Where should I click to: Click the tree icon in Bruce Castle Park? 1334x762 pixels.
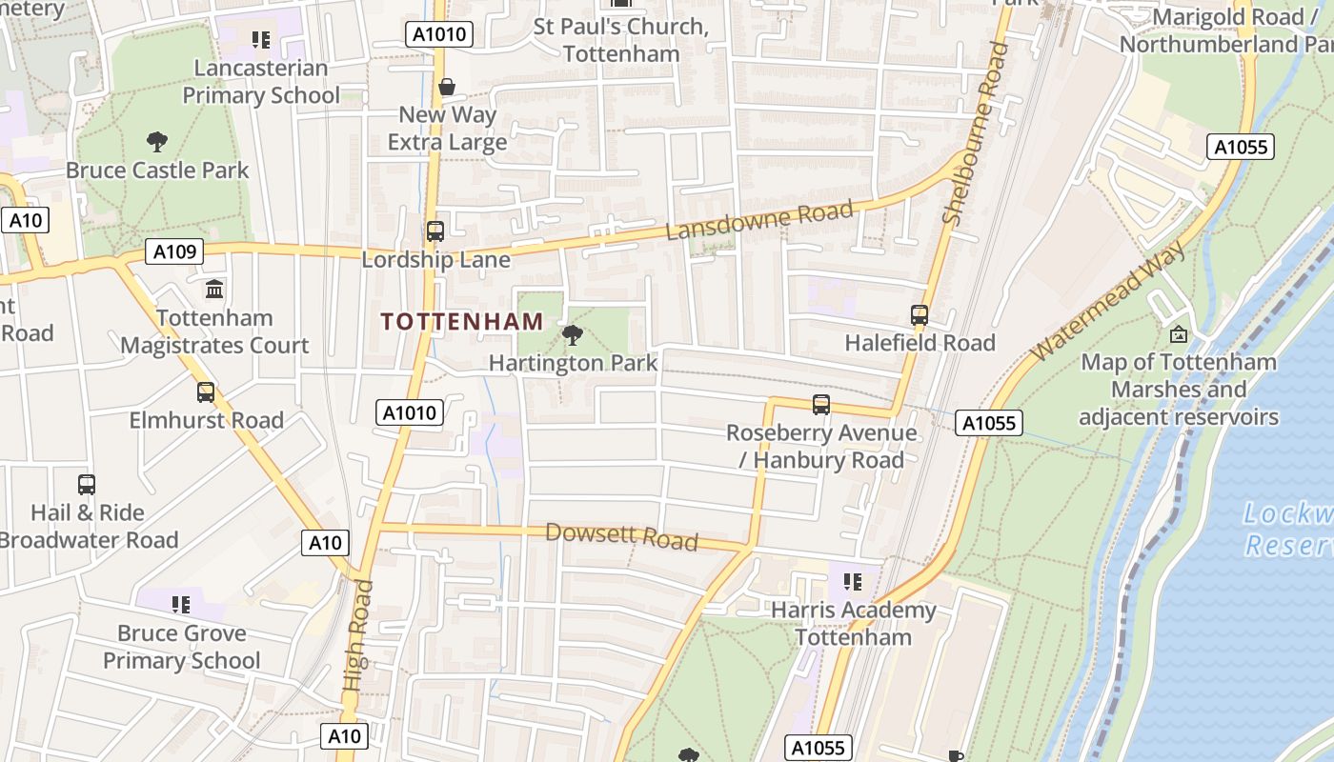click(157, 142)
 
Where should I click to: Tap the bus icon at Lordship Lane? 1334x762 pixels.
click(435, 231)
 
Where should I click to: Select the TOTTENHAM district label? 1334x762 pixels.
click(462, 322)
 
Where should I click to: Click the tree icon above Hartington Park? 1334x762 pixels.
click(573, 334)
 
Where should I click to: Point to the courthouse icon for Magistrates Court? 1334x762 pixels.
click(214, 289)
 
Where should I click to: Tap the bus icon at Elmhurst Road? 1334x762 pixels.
click(206, 391)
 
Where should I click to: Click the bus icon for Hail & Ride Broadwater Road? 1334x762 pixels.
click(87, 484)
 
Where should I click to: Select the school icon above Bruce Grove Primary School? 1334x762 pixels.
click(181, 604)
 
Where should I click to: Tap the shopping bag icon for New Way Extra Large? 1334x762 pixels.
click(447, 87)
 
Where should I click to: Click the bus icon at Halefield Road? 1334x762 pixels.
click(920, 314)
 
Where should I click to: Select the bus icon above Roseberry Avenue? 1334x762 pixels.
click(820, 404)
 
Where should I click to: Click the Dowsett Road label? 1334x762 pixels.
click(621, 536)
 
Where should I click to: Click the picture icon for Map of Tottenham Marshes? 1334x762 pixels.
click(1179, 333)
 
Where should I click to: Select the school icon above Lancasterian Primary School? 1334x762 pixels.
click(261, 40)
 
